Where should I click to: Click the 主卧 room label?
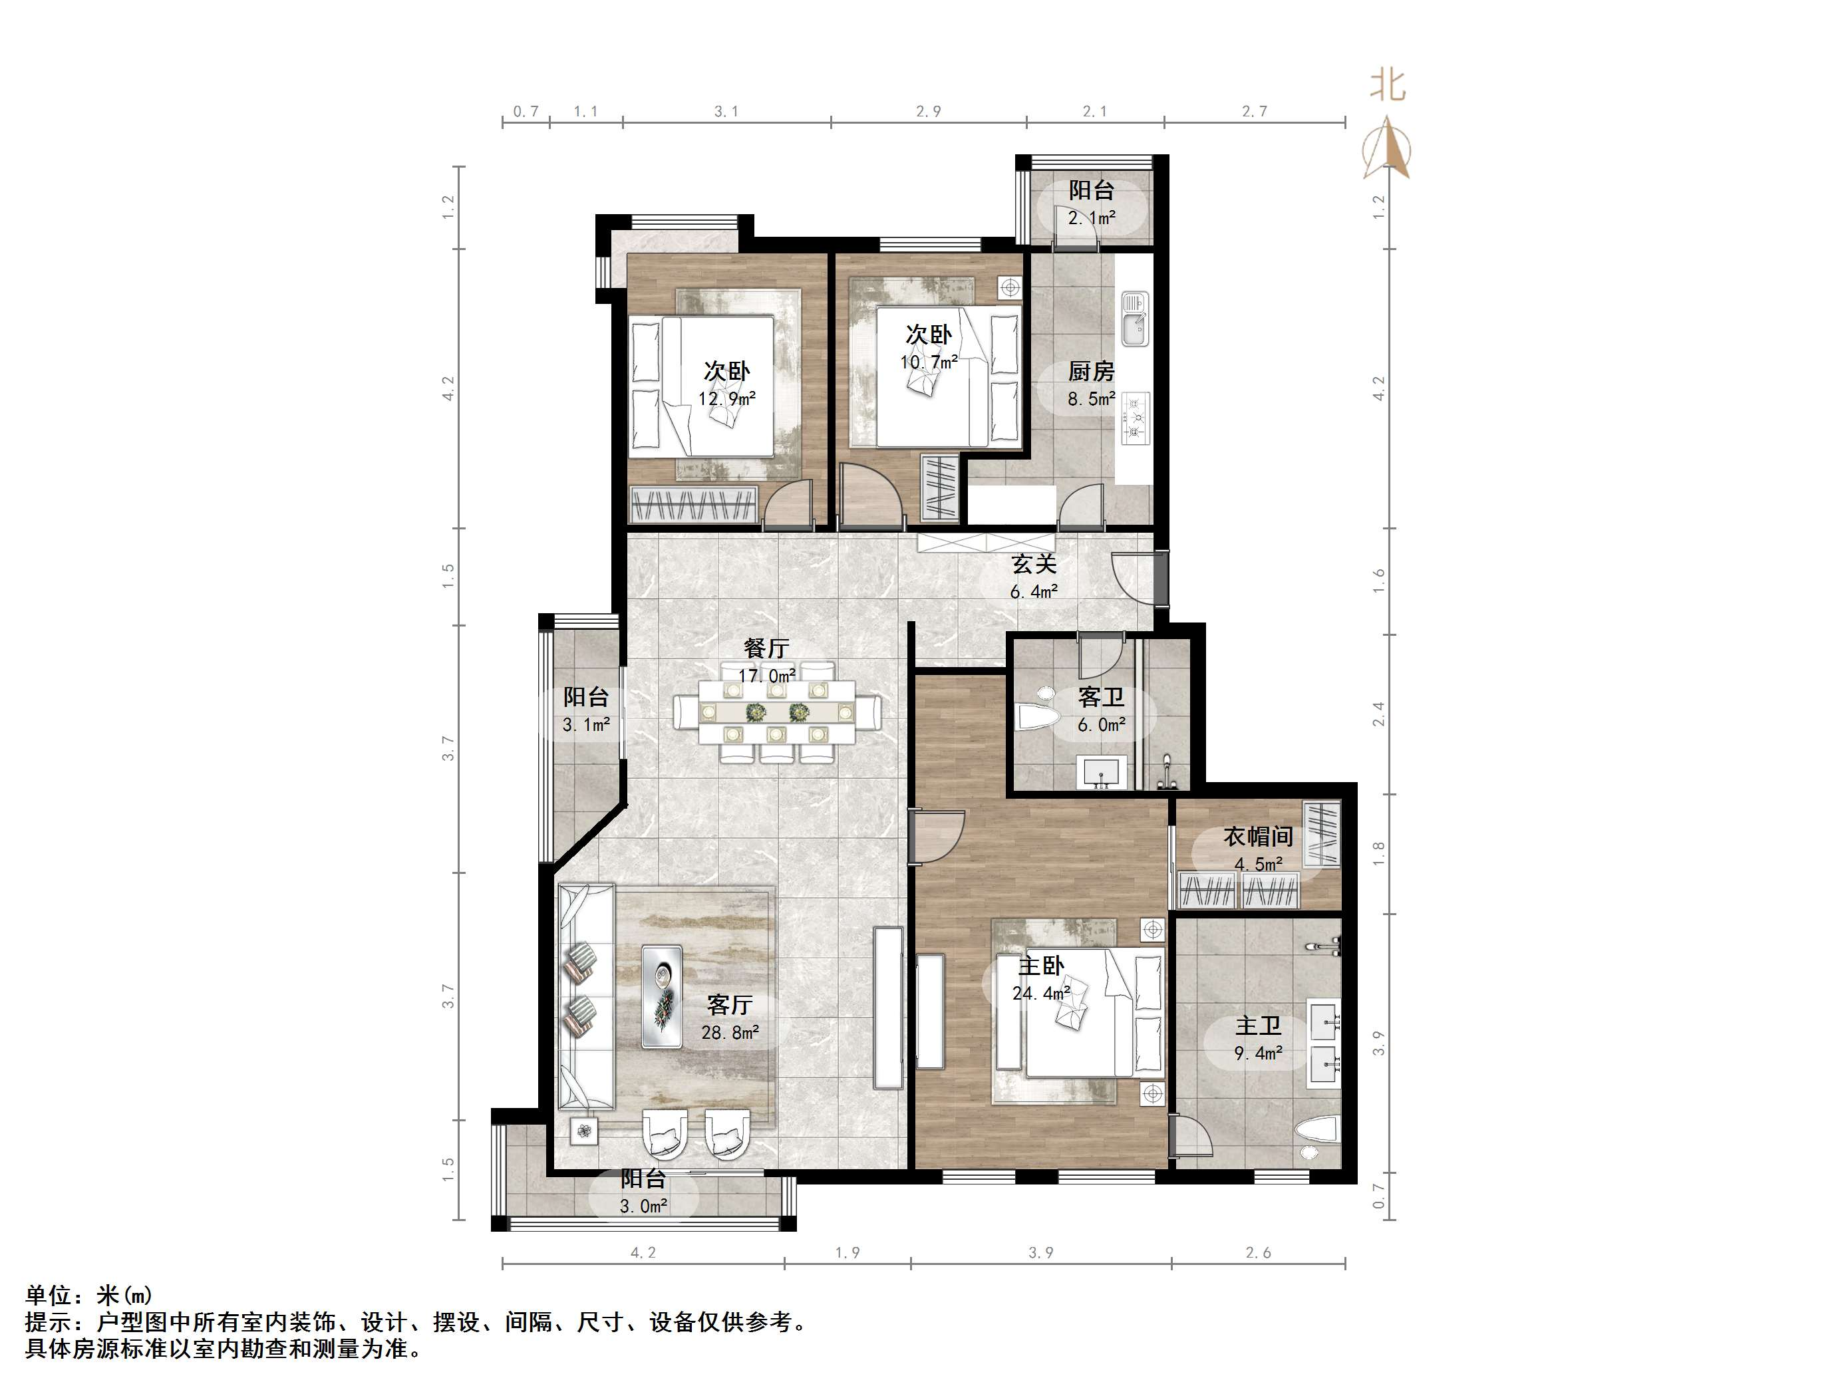(1040, 966)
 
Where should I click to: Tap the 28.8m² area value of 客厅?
(729, 1034)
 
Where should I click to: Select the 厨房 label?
(1090, 371)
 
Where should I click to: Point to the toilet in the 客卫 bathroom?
(1037, 716)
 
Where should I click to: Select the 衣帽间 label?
(1257, 836)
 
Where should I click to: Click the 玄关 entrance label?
(1034, 564)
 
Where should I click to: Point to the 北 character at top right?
(1388, 85)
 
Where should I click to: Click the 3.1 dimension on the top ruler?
(726, 111)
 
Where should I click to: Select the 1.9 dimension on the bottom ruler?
(847, 1252)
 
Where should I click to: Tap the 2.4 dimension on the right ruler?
(1378, 714)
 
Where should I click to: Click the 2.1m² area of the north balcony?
(1091, 218)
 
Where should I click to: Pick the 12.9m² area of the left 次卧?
(726, 398)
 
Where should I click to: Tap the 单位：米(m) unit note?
(88, 1296)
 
